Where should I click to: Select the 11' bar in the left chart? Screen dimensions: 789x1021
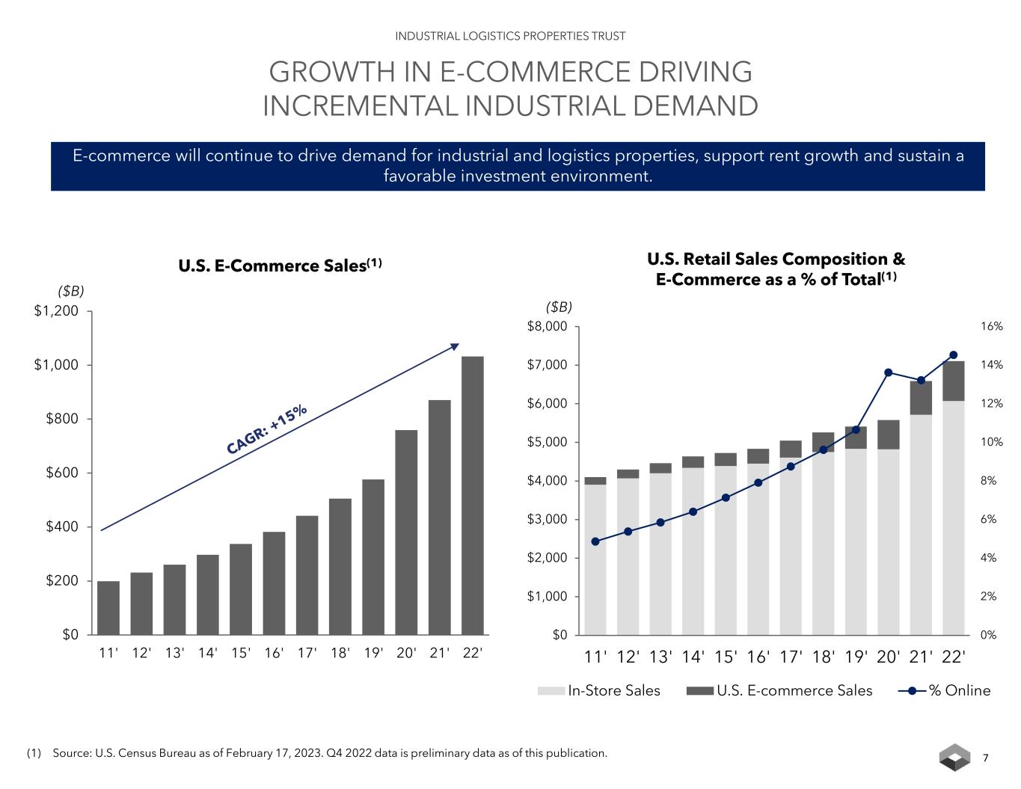pyautogui.click(x=108, y=607)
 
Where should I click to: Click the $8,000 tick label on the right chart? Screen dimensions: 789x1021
pyautogui.click(x=548, y=327)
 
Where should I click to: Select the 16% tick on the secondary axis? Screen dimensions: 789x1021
pyautogui.click(x=992, y=327)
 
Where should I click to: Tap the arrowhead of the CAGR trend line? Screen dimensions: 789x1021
pyautogui.click(x=456, y=346)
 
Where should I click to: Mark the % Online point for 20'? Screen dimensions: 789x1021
pyautogui.click(x=888, y=372)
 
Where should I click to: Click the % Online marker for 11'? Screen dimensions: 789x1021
pyautogui.click(x=595, y=541)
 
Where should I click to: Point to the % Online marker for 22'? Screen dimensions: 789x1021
pyautogui.click(x=953, y=355)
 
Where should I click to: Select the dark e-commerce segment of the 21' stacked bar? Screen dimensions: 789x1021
pyautogui.click(x=921, y=398)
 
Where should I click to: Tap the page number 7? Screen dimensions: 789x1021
pyautogui.click(x=985, y=758)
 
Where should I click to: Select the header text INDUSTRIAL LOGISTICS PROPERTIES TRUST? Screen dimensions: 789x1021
pyautogui.click(x=510, y=36)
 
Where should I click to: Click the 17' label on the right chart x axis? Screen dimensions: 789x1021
pyautogui.click(x=791, y=657)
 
